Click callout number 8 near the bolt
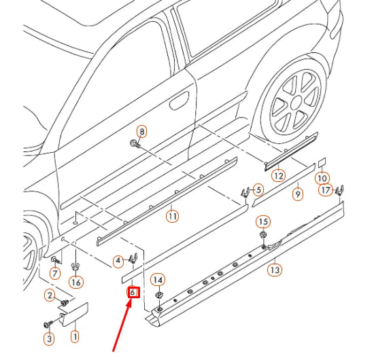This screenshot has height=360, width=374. click(x=141, y=131)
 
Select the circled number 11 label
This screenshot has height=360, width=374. click(x=173, y=216)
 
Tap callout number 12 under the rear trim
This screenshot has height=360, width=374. click(x=277, y=175)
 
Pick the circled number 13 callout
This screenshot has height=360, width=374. click(x=274, y=270)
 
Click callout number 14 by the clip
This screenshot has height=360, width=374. click(x=158, y=279)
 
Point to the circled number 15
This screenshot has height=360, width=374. click(x=263, y=222)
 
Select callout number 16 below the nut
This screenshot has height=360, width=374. click(x=75, y=282)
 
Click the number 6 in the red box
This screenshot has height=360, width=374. click(x=133, y=293)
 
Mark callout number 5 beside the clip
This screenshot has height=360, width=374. click(x=258, y=190)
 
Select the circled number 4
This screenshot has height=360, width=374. click(x=118, y=259)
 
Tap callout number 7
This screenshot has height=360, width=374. click(x=55, y=272)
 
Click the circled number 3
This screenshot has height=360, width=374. click(x=49, y=338)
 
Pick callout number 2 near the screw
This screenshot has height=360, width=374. click(x=49, y=295)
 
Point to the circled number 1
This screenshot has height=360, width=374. click(x=75, y=335)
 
